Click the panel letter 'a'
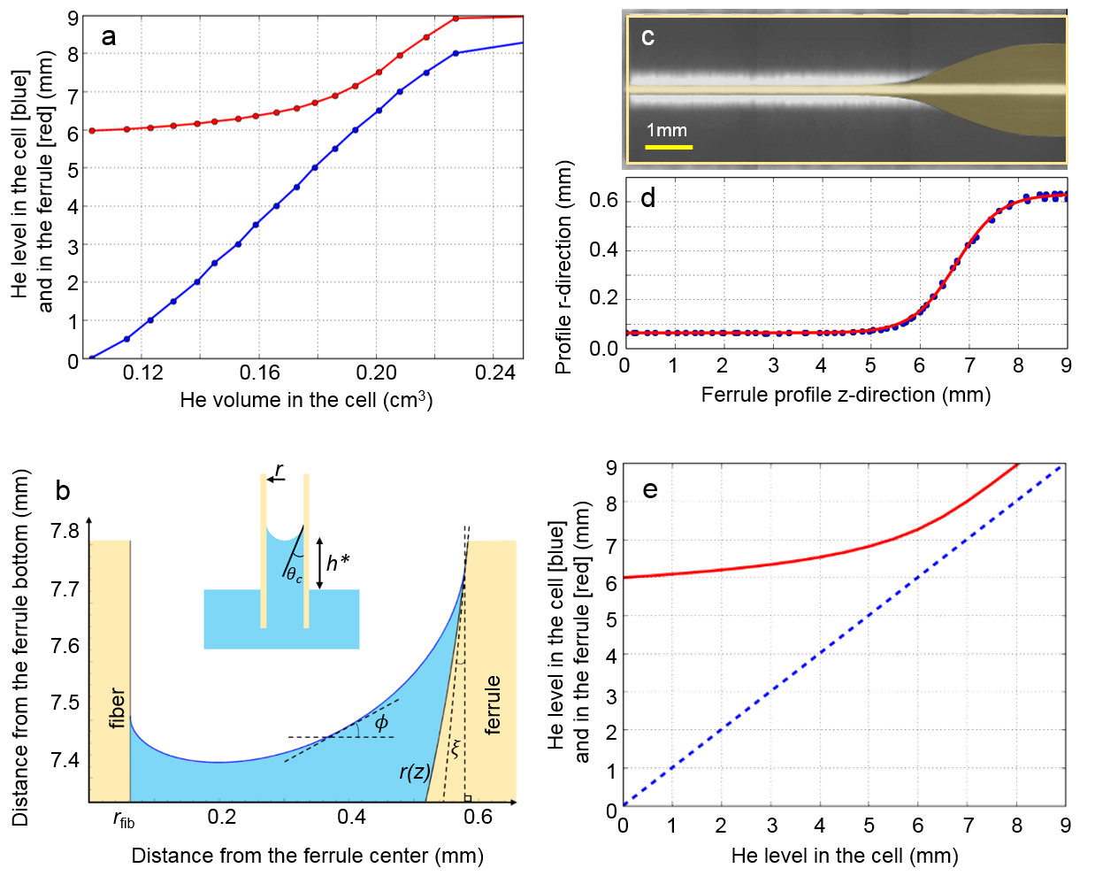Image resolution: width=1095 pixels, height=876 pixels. [109, 37]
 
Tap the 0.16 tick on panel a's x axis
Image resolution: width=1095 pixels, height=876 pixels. [259, 373]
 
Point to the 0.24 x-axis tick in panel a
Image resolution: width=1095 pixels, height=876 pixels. [494, 373]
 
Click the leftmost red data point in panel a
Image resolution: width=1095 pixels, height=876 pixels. [92, 131]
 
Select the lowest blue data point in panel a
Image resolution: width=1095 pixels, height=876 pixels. [92, 358]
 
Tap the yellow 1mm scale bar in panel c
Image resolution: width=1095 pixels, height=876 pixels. [668, 146]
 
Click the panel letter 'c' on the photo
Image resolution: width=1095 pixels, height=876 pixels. [647, 37]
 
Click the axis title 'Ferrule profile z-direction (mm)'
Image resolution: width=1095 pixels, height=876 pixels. [846, 395]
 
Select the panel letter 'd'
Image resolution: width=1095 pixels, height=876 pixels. [648, 198]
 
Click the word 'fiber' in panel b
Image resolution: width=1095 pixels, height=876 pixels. [117, 708]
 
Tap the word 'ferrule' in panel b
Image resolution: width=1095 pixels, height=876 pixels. [492, 704]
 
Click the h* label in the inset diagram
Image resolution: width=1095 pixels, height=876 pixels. [337, 563]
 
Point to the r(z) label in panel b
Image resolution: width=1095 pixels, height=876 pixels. [414, 772]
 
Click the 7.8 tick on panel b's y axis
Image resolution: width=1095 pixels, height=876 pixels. [65, 531]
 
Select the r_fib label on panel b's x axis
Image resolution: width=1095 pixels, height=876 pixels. [124, 820]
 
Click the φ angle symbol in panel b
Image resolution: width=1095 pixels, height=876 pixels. [381, 723]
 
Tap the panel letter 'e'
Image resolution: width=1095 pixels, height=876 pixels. [650, 490]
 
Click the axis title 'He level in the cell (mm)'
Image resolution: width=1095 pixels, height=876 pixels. [844, 856]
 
